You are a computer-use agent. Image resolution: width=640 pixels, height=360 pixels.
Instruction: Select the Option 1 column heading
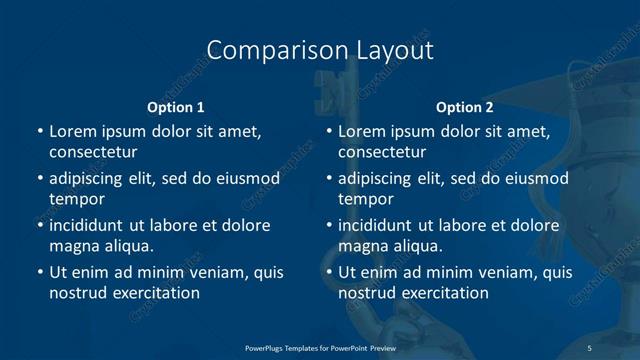click(176, 107)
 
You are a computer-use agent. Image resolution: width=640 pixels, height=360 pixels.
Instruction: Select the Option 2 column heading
click(465, 107)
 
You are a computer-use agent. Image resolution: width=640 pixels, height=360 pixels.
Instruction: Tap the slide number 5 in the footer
click(589, 347)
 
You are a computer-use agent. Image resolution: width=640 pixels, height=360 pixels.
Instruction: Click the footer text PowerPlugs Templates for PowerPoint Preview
click(320, 347)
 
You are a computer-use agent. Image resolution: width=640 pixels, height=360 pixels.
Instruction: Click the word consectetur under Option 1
click(93, 152)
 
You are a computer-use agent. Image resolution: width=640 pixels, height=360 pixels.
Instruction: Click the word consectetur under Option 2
click(382, 152)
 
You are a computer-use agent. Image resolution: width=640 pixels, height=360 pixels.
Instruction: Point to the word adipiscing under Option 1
click(89, 179)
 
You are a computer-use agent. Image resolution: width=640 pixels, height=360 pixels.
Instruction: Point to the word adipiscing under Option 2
click(378, 179)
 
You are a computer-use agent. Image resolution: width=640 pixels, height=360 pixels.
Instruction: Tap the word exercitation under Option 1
click(155, 293)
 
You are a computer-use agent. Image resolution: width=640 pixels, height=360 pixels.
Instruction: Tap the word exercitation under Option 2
click(444, 293)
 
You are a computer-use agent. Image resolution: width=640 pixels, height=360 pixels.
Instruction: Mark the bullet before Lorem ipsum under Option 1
click(40, 132)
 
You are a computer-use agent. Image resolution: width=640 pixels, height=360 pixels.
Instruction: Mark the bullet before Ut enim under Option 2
click(329, 272)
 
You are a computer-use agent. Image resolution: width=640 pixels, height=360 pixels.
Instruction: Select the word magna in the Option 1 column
click(71, 246)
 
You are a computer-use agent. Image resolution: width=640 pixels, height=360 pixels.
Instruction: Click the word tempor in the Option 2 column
click(365, 199)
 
